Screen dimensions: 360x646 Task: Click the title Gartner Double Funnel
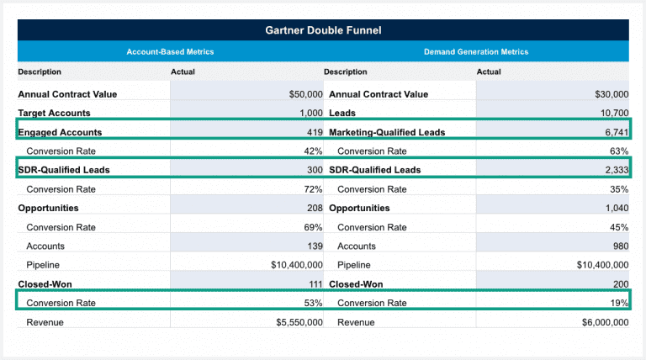click(323, 31)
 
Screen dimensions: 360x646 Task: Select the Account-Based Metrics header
click(170, 52)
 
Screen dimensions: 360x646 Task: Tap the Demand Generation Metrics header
click(476, 52)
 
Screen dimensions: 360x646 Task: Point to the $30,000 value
click(612, 94)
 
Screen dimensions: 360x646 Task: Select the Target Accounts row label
click(54, 113)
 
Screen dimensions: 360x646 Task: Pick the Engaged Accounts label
click(60, 132)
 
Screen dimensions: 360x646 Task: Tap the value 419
click(315, 132)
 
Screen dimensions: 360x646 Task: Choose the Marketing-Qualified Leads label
click(387, 132)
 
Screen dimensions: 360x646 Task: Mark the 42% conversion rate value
click(313, 151)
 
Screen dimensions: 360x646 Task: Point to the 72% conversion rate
click(313, 189)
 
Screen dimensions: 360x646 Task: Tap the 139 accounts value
click(315, 246)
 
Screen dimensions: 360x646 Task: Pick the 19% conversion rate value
click(619, 303)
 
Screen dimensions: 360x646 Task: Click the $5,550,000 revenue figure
click(299, 322)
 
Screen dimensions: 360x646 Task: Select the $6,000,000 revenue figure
click(605, 322)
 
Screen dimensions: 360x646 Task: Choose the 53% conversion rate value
click(313, 303)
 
